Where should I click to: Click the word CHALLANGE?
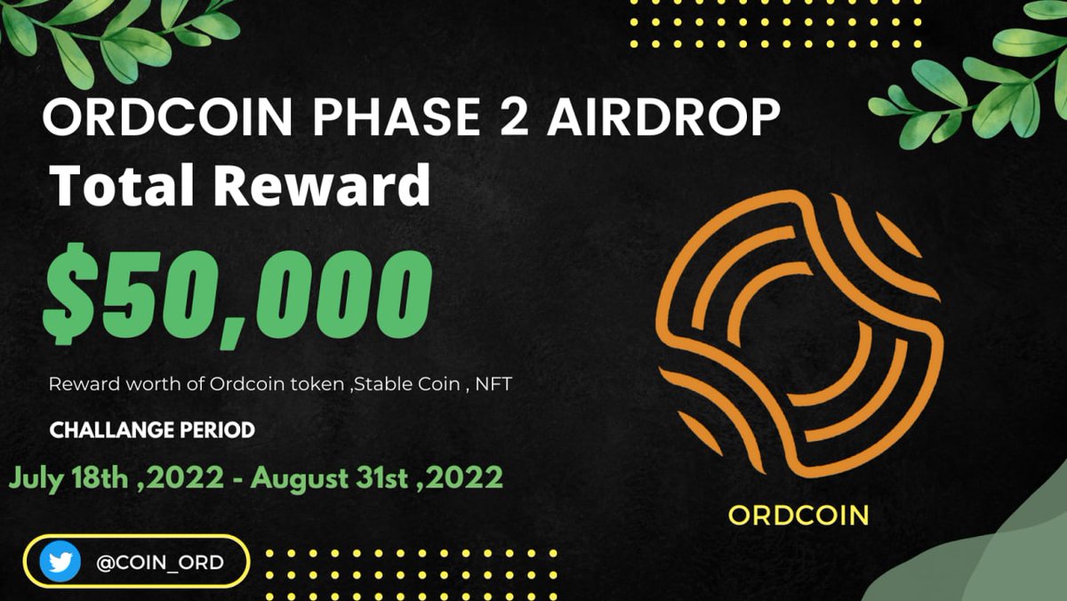click(x=112, y=430)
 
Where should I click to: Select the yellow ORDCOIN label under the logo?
click(x=798, y=515)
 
